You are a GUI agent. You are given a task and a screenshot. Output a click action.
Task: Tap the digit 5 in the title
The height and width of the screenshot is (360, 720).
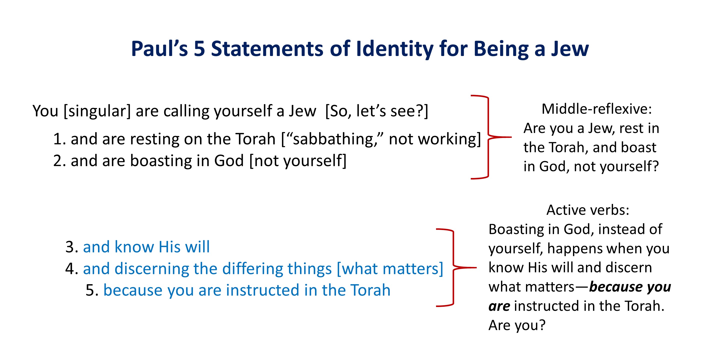(199, 49)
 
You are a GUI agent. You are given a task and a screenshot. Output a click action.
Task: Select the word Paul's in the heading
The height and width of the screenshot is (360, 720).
(159, 49)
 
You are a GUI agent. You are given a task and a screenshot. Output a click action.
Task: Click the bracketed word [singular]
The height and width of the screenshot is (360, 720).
(97, 111)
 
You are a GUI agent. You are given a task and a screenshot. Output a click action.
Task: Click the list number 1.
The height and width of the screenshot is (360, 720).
(59, 139)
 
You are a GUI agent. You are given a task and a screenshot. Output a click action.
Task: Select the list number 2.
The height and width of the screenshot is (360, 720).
(59, 161)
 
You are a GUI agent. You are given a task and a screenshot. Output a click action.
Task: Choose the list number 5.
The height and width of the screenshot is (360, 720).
(92, 290)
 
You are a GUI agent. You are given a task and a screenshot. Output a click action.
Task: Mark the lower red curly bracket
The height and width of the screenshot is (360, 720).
(453, 267)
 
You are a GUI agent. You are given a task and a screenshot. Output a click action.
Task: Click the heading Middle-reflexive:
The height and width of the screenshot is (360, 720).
(596, 109)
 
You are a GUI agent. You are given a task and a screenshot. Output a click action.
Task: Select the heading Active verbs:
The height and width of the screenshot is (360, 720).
(588, 210)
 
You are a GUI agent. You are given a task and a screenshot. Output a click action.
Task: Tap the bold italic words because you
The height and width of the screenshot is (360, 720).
(630, 287)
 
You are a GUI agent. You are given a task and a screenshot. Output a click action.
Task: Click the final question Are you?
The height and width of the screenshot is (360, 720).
(517, 325)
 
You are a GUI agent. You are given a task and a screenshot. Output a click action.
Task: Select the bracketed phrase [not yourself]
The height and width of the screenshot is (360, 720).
(298, 161)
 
